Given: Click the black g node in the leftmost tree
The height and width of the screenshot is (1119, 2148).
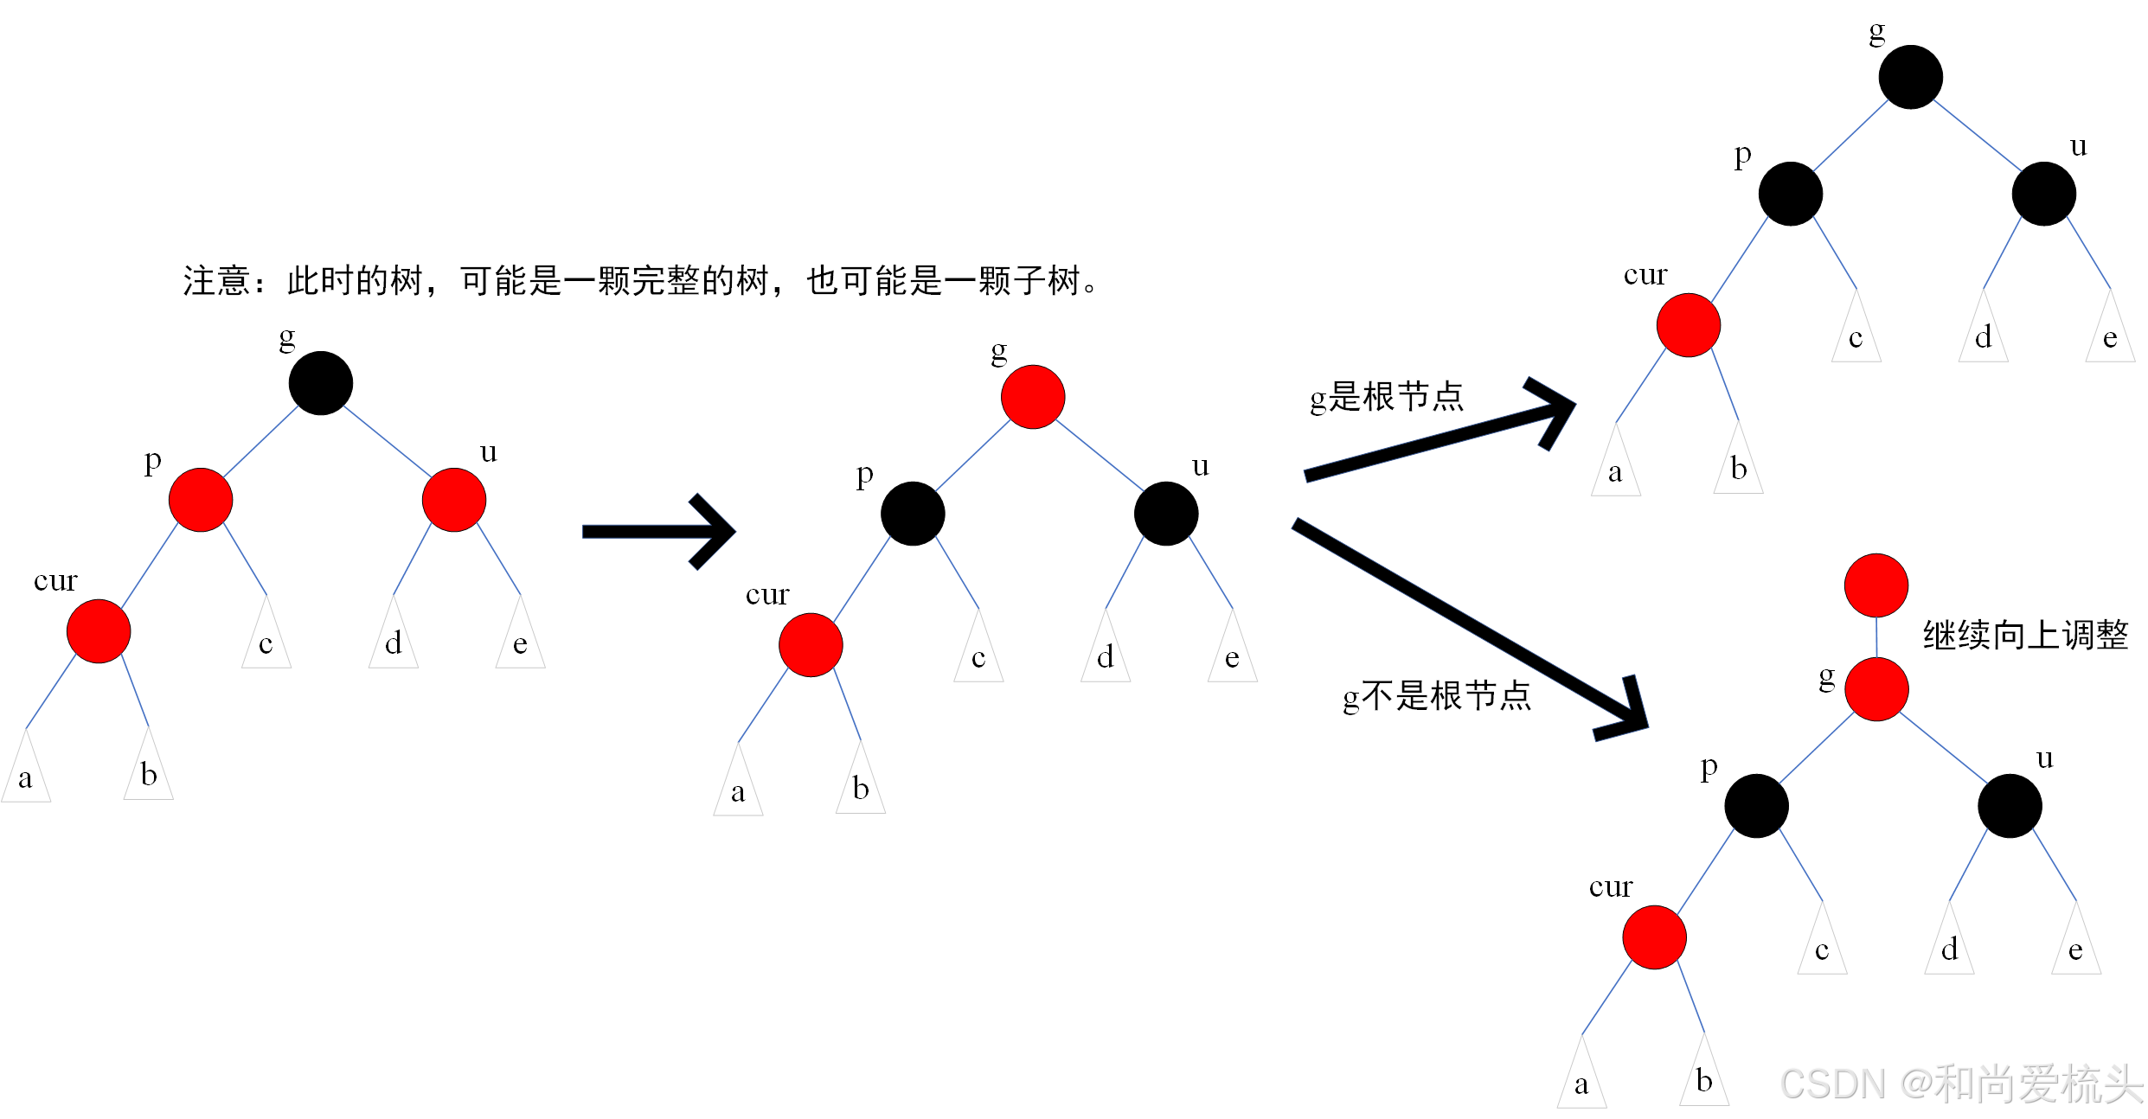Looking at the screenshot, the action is click(x=320, y=383).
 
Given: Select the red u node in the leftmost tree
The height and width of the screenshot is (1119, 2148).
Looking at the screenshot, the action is click(x=454, y=500).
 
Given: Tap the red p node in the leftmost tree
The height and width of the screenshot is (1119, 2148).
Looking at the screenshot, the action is click(x=201, y=500).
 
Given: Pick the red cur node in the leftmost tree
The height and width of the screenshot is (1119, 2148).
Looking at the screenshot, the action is click(x=99, y=631).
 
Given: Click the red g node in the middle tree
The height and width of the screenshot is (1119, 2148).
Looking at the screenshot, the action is click(x=1033, y=397).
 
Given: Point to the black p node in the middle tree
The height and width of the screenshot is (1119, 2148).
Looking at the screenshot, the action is click(x=913, y=514).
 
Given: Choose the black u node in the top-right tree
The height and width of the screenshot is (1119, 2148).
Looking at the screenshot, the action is click(x=2044, y=194).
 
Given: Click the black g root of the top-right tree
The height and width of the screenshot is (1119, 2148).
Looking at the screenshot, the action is click(x=1911, y=77).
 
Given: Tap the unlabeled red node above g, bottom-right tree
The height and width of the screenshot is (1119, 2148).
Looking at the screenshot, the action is click(x=1876, y=585).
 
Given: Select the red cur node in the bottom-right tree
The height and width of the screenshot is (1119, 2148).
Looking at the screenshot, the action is click(x=1655, y=937).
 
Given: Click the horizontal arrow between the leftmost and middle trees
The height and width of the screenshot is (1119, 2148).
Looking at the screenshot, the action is click(x=657, y=532).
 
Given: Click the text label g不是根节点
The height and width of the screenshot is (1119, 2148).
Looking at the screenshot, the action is click(x=1437, y=696).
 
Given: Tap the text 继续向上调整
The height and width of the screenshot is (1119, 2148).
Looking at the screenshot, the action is click(x=2025, y=636).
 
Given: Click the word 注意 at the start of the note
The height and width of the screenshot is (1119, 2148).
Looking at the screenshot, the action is click(x=216, y=281).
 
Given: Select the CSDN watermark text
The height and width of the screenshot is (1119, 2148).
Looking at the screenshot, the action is click(x=1960, y=1084).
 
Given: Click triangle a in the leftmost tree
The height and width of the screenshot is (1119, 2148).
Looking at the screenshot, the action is click(x=26, y=774).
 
